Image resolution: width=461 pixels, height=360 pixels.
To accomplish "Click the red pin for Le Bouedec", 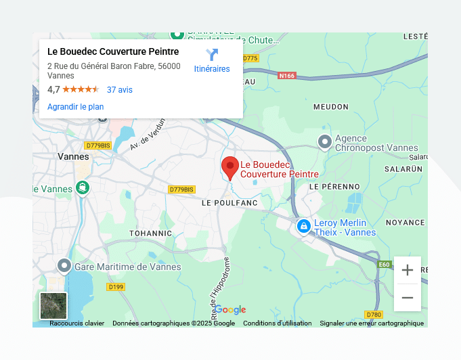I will pyautogui.click(x=230, y=166).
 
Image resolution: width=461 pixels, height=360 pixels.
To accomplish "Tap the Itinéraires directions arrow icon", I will pyautogui.click(x=212, y=55).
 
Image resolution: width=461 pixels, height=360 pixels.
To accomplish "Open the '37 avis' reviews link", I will pyautogui.click(x=120, y=89).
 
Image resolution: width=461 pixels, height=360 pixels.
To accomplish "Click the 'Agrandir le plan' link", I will pyautogui.click(x=75, y=107).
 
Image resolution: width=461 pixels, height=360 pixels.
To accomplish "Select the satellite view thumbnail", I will pyautogui.click(x=53, y=306).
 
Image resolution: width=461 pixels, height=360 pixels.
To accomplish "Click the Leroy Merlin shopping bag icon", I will pyautogui.click(x=304, y=226).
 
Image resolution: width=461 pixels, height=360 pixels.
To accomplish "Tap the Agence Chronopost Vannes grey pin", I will pyautogui.click(x=325, y=142).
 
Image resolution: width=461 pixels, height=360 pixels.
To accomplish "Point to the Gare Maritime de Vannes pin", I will pyautogui.click(x=64, y=265).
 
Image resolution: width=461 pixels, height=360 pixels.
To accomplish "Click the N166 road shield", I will pyautogui.click(x=287, y=76).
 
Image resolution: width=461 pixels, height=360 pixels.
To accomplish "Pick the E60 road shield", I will pyautogui.click(x=385, y=264).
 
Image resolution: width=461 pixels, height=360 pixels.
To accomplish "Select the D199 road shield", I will pyautogui.click(x=116, y=287).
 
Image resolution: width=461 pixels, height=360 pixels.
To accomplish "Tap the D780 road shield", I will pyautogui.click(x=374, y=315).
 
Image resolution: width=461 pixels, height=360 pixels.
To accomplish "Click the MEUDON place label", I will pyautogui.click(x=331, y=107).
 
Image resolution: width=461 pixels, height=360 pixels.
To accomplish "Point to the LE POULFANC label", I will pyautogui.click(x=229, y=202).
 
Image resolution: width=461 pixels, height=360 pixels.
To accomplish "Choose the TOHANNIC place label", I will pyautogui.click(x=151, y=233).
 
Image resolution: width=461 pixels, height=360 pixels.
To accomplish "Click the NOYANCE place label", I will pyautogui.click(x=405, y=222).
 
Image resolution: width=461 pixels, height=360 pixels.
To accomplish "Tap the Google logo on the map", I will pyautogui.click(x=230, y=310).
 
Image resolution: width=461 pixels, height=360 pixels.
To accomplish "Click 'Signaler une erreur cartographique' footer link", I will pyautogui.click(x=372, y=323).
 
